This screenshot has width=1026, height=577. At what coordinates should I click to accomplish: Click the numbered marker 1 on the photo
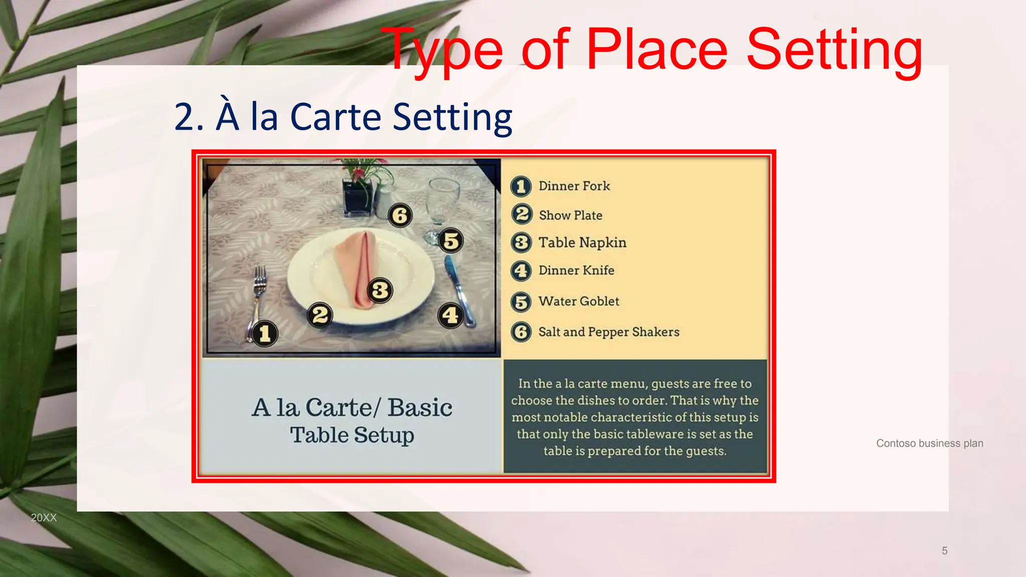pyautogui.click(x=265, y=334)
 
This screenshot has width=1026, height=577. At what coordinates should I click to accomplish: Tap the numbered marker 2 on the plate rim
pyautogui.click(x=320, y=315)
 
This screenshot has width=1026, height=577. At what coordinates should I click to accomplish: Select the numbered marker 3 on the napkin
pyautogui.click(x=380, y=290)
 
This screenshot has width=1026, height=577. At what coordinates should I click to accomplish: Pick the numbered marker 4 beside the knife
pyautogui.click(x=450, y=316)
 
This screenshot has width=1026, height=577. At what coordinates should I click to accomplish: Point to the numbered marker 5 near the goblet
pyautogui.click(x=451, y=241)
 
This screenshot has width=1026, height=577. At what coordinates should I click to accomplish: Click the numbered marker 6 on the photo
pyautogui.click(x=400, y=215)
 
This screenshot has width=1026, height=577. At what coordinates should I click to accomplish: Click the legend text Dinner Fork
pyautogui.click(x=574, y=186)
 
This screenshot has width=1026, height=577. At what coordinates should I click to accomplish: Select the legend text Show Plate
pyautogui.click(x=571, y=215)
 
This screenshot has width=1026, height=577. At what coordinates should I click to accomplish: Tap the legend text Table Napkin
pyautogui.click(x=582, y=243)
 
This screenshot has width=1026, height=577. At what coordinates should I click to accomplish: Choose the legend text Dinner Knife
pyautogui.click(x=576, y=270)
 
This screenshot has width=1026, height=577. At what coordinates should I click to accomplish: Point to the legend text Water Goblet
pyautogui.click(x=579, y=302)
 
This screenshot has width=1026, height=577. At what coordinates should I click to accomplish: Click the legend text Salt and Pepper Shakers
pyautogui.click(x=609, y=332)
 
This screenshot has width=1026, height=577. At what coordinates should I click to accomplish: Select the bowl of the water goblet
pyautogui.click(x=443, y=198)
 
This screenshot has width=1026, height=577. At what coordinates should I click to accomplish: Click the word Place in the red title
pyautogui.click(x=656, y=50)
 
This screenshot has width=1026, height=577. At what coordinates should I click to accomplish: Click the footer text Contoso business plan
pyautogui.click(x=929, y=443)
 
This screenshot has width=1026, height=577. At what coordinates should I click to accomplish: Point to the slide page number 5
pyautogui.click(x=944, y=551)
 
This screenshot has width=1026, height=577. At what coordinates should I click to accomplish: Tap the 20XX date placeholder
pyautogui.click(x=44, y=518)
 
